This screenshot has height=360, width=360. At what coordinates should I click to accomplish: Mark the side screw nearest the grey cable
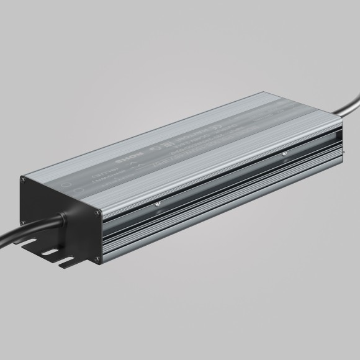pos(284,151)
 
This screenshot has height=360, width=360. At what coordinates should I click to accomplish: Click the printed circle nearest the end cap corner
pos(70,185)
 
